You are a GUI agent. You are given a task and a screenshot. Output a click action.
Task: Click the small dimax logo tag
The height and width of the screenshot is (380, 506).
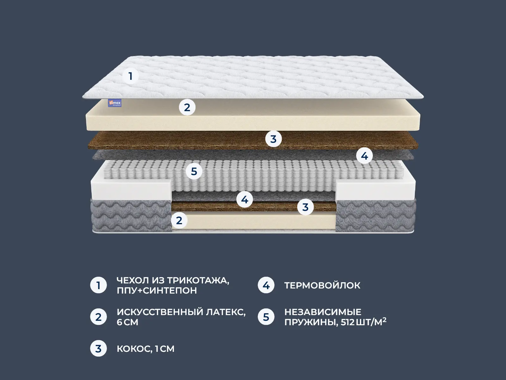[115, 103]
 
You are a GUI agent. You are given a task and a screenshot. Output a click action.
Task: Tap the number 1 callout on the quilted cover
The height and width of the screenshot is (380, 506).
[131, 76]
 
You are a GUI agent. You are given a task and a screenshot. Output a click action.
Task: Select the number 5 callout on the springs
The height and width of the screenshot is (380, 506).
[194, 171]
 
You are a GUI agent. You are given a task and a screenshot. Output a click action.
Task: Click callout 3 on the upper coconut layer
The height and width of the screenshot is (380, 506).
[274, 139]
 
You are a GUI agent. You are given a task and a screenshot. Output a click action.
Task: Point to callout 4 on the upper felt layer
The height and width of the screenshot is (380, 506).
[364, 156]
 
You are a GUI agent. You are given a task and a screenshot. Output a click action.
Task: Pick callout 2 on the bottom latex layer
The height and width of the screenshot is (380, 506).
[179, 221]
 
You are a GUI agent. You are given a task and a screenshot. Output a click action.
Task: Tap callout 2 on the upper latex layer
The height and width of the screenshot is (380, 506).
[187, 108]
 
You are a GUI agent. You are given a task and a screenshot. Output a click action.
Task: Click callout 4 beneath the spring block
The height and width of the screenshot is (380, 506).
[244, 199]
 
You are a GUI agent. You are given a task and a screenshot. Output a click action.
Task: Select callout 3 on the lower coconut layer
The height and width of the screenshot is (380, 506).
[305, 207]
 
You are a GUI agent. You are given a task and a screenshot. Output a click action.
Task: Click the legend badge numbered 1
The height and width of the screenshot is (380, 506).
[98, 285]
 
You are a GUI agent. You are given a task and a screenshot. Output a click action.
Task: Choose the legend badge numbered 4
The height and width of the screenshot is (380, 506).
[266, 285]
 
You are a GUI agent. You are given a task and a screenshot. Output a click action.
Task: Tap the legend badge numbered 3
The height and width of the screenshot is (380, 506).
[98, 348]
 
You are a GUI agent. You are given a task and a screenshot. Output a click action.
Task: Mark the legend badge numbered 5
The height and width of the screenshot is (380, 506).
[266, 317]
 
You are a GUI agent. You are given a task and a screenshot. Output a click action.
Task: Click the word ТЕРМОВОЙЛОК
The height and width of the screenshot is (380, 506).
[322, 285]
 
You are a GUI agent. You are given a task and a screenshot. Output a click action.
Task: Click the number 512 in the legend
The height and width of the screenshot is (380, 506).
[348, 322]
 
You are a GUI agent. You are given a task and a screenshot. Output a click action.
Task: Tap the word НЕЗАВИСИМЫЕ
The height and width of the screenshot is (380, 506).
[323, 312]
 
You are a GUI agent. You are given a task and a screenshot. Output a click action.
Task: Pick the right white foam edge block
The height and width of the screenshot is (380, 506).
[375, 190]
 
